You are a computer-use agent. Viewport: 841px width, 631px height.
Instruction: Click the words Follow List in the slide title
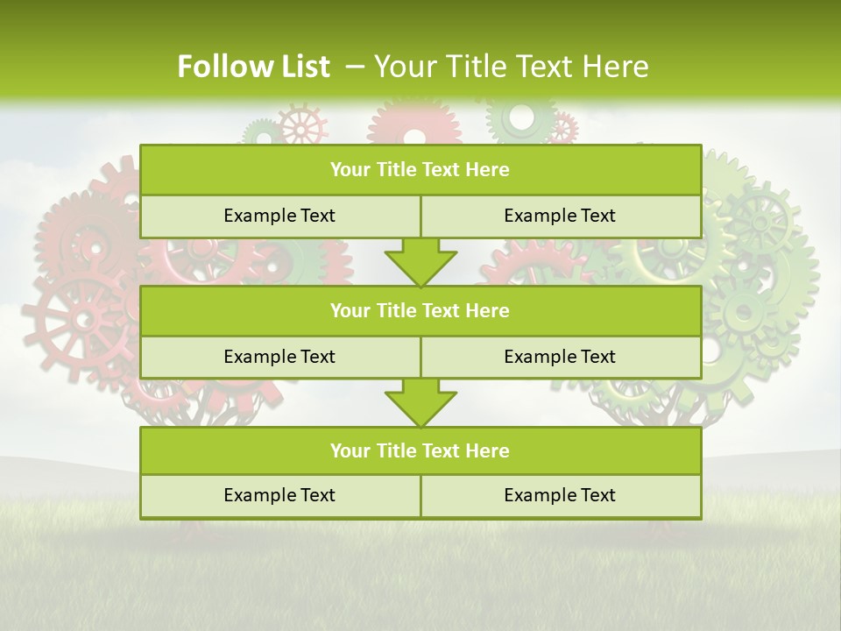pyautogui.click(x=253, y=67)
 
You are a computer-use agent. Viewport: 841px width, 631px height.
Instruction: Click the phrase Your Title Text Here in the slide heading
pyautogui.click(x=511, y=67)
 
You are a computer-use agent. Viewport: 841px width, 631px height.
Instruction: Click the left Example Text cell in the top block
pyautogui.click(x=279, y=216)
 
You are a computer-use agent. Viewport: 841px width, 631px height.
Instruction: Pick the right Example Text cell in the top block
pyautogui.click(x=560, y=216)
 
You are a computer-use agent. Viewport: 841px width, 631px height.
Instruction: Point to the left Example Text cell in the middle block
pyautogui.click(x=279, y=357)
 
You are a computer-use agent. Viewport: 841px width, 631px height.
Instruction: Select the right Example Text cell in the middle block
pyautogui.click(x=560, y=357)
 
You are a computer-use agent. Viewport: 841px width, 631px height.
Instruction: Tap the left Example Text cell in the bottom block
pyautogui.click(x=279, y=495)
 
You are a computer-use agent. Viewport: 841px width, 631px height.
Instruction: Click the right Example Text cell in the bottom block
pyautogui.click(x=560, y=495)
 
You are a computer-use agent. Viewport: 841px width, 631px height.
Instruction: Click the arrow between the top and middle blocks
pyautogui.click(x=420, y=261)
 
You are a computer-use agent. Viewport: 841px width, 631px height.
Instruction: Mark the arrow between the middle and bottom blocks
pyautogui.click(x=420, y=402)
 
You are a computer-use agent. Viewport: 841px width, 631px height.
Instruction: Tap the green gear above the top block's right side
pyautogui.click(x=520, y=118)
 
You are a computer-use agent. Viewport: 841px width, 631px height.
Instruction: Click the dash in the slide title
pyautogui.click(x=355, y=67)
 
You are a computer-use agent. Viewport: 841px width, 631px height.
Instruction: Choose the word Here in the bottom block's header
pyautogui.click(x=488, y=450)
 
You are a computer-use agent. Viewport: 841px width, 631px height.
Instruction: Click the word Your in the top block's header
pyautogui.click(x=350, y=169)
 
